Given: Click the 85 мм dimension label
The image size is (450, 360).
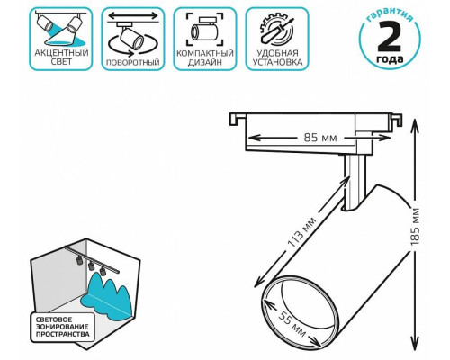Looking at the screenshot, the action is (x=320, y=138).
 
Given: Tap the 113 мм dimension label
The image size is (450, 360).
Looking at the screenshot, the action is (x=301, y=231).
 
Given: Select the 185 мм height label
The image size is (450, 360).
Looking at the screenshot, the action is (x=415, y=226).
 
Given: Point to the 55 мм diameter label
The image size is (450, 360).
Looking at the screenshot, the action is (x=292, y=323).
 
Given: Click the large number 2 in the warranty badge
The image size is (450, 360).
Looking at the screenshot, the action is (x=390, y=37).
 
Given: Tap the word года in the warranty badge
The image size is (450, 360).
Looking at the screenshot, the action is (x=390, y=58).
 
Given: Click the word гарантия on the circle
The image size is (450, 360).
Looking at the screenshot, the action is (x=390, y=15).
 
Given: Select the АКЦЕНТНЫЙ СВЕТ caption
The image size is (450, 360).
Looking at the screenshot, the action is (x=61, y=58).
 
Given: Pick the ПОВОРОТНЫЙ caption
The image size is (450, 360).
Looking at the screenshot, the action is (x=133, y=63).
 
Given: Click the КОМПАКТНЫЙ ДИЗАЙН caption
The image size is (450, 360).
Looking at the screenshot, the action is (x=205, y=58).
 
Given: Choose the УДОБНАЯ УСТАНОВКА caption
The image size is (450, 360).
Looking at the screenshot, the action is (x=277, y=58).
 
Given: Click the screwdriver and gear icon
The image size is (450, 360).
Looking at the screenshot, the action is (x=277, y=30).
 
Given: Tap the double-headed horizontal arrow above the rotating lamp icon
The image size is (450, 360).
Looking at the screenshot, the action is (x=133, y=15).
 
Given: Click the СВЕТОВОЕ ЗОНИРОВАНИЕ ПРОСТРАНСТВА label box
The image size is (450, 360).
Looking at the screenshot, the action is (x=63, y=327).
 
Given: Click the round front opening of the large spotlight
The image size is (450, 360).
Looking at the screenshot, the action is (x=300, y=312).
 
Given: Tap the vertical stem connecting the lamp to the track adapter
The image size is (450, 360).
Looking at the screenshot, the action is (x=355, y=182).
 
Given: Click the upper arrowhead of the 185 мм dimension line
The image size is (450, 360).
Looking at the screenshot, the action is (x=415, y=124).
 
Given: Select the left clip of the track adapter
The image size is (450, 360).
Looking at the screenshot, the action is (x=237, y=119).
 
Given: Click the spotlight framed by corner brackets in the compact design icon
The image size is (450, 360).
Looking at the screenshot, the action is (x=205, y=30).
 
